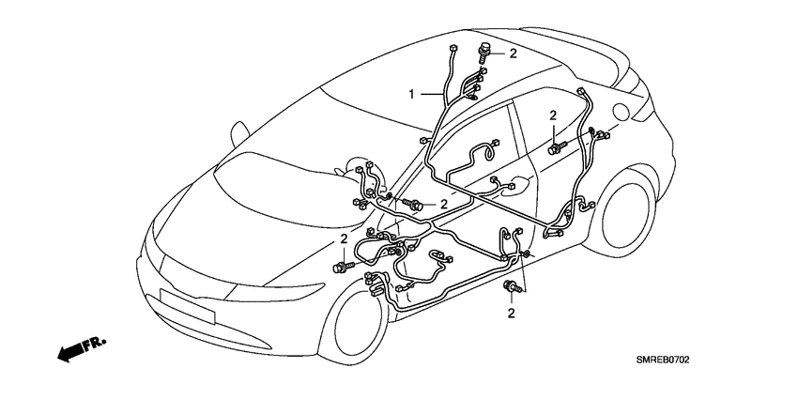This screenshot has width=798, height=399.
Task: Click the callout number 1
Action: [x=411, y=94]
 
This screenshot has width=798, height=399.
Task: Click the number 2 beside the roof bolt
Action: [x=513, y=54]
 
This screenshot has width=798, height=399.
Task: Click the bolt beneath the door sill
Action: [x=513, y=287]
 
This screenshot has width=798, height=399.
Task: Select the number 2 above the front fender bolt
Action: [x=345, y=240]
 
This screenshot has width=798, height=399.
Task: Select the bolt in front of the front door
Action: [x=413, y=204]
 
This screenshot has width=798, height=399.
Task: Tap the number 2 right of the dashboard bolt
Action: [x=444, y=204]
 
